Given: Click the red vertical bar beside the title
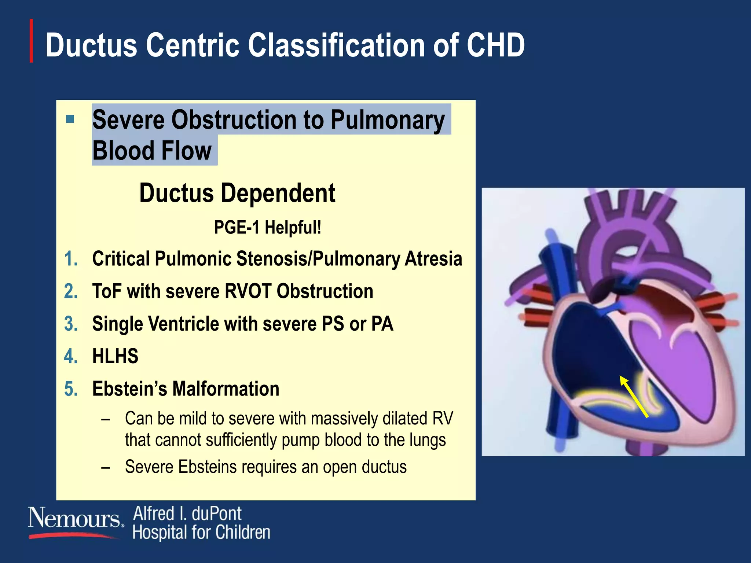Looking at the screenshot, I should (32, 41).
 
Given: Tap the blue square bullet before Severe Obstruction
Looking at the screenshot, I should (70, 119).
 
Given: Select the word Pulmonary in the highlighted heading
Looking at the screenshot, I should (388, 120).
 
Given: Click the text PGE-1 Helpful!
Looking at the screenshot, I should (267, 227).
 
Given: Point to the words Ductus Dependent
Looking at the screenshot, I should (237, 193).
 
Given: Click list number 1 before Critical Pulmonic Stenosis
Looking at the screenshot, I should (71, 259).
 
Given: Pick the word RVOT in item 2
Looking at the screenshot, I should (248, 291).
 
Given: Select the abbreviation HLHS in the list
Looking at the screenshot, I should (115, 356).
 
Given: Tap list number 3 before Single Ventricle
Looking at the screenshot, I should (71, 324).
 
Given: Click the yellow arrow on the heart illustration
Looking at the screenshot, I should (634, 397).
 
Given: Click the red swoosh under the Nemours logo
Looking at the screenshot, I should (73, 536).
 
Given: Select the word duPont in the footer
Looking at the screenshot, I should (216, 514).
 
